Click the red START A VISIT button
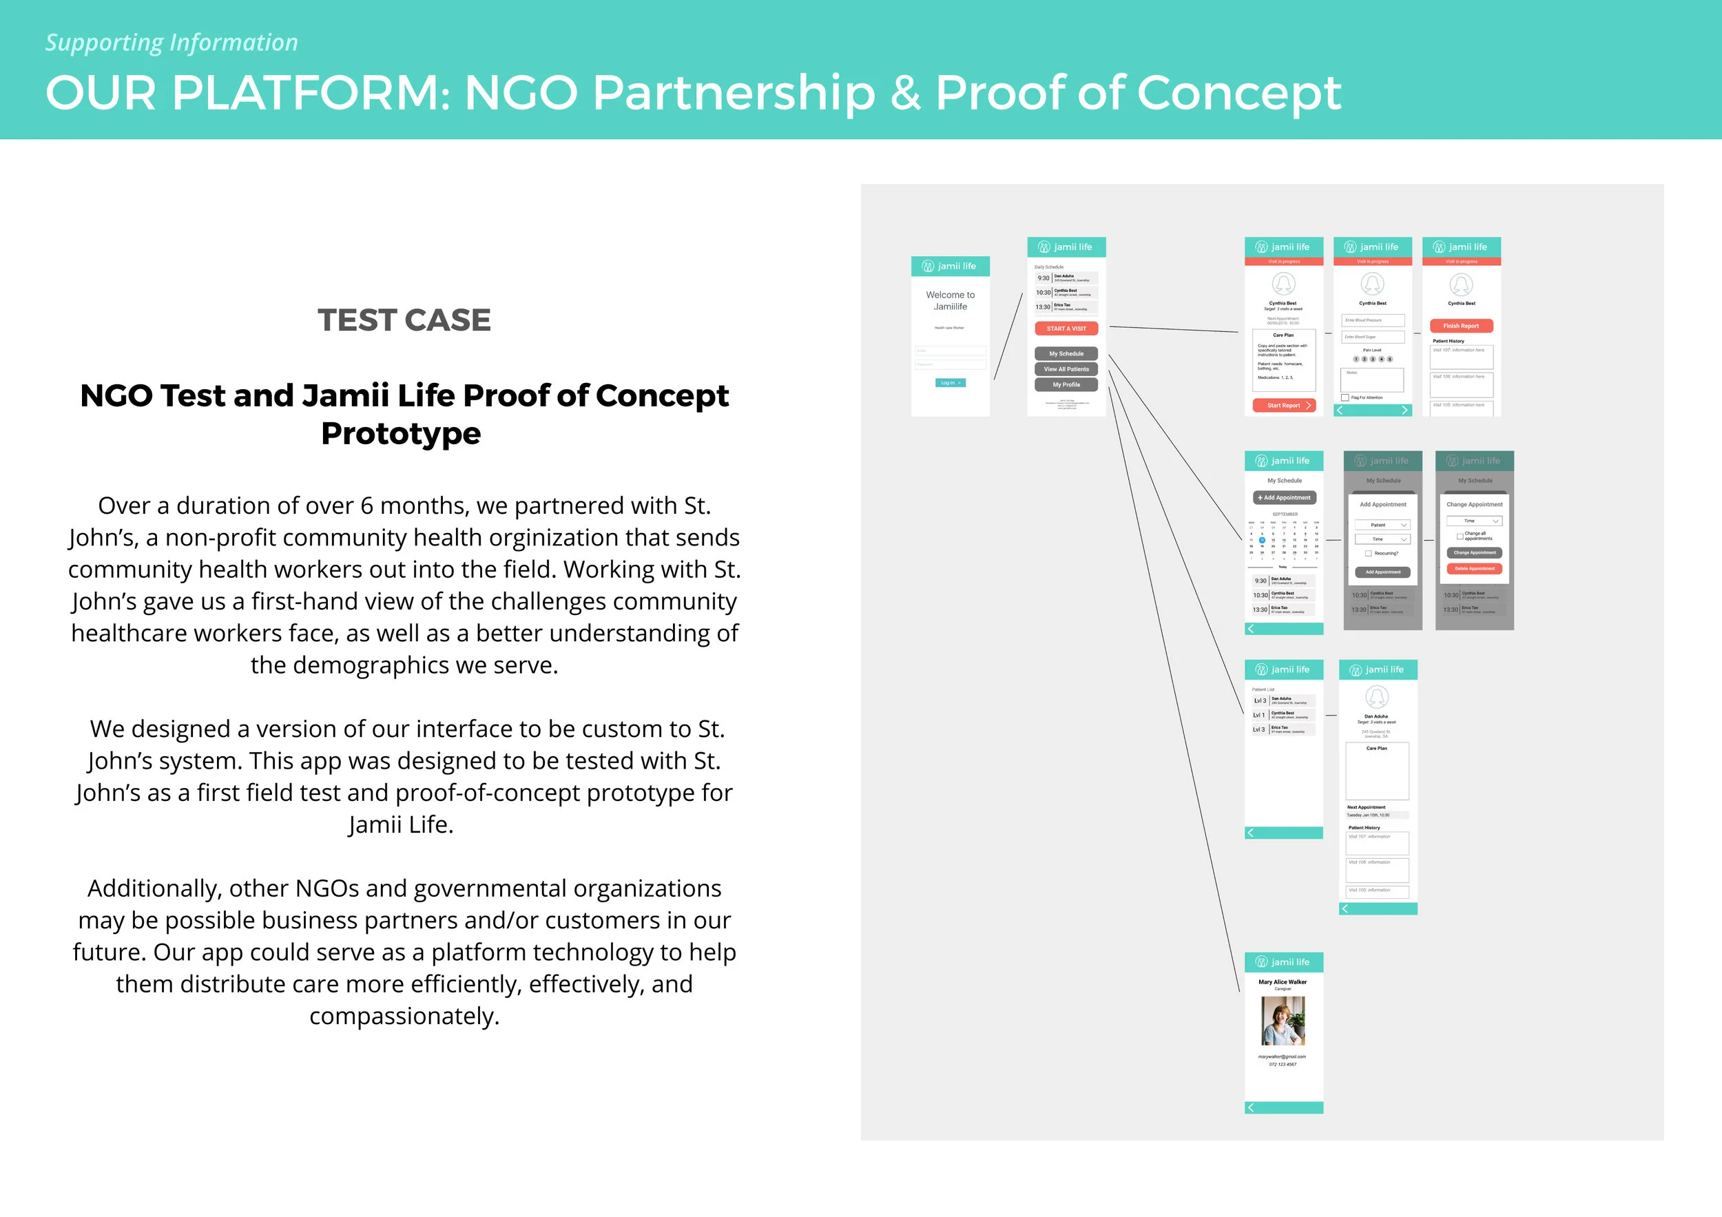pyautogui.click(x=1066, y=329)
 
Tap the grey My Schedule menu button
pyautogui.click(x=1066, y=353)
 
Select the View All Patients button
pyautogui.click(x=1066, y=369)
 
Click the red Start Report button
pyautogui.click(x=1284, y=406)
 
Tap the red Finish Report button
pyautogui.click(x=1461, y=326)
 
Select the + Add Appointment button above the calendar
pyautogui.click(x=1284, y=498)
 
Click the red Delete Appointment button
pyautogui.click(x=1474, y=568)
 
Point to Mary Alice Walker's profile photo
pyautogui.click(x=1283, y=1021)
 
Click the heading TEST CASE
pyautogui.click(x=404, y=320)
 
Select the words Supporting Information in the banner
pyautogui.click(x=172, y=43)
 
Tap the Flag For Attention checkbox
pyautogui.click(x=1345, y=397)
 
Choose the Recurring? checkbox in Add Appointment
pyautogui.click(x=1368, y=553)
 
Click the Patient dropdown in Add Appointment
pyautogui.click(x=1382, y=525)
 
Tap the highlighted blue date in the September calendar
pyautogui.click(x=1263, y=540)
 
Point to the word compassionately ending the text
pyautogui.click(x=404, y=1016)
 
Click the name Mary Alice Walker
pyautogui.click(x=1283, y=981)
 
